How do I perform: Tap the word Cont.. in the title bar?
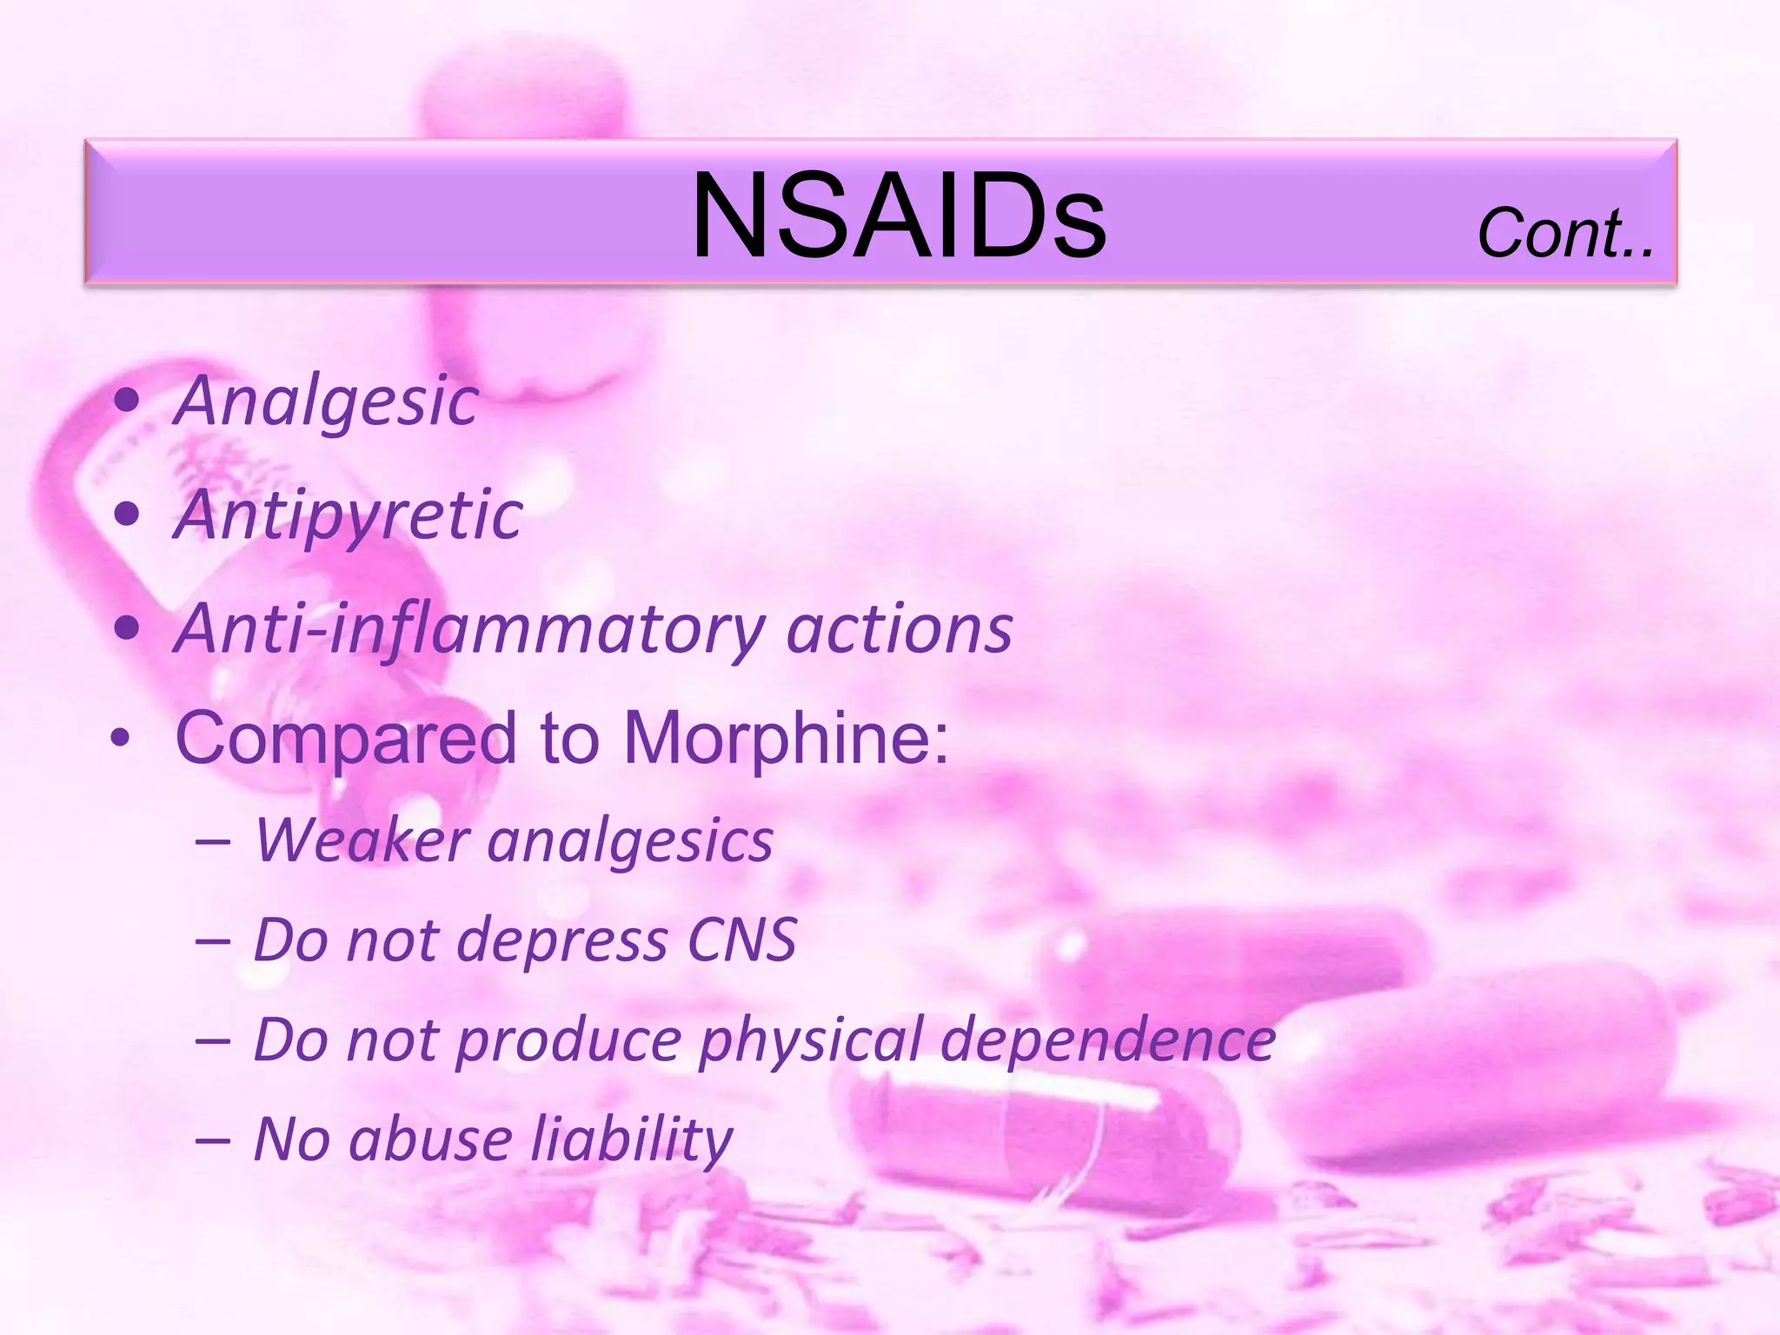click(x=1565, y=234)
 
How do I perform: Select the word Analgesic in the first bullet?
click(x=327, y=402)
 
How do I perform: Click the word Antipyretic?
click(x=349, y=516)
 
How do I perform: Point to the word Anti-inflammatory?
click(x=470, y=629)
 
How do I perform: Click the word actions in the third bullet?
click(x=900, y=629)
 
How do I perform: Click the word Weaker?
click(x=362, y=840)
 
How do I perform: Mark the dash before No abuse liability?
click(x=213, y=1139)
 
